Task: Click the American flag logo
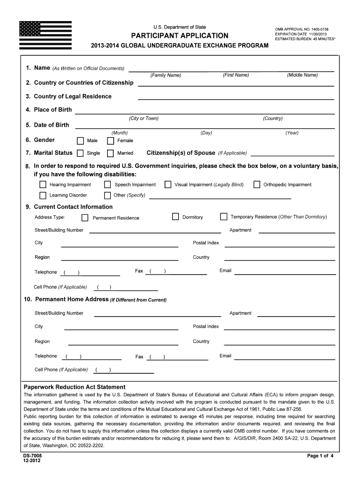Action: click(x=45, y=35)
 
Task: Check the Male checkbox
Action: click(x=80, y=141)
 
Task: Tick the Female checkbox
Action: click(x=111, y=141)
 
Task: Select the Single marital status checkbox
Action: click(x=80, y=153)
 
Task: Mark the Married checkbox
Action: click(x=111, y=153)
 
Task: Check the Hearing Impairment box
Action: click(x=43, y=185)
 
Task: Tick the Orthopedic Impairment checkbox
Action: click(x=257, y=185)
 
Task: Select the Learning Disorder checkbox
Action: click(x=43, y=196)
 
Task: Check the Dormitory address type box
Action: click(x=175, y=217)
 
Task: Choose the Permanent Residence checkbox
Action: click(x=85, y=218)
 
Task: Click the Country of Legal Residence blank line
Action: click(x=236, y=97)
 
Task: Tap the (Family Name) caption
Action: click(x=166, y=75)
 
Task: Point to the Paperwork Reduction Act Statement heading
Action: click(x=75, y=387)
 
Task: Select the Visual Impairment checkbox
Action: click(x=168, y=185)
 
